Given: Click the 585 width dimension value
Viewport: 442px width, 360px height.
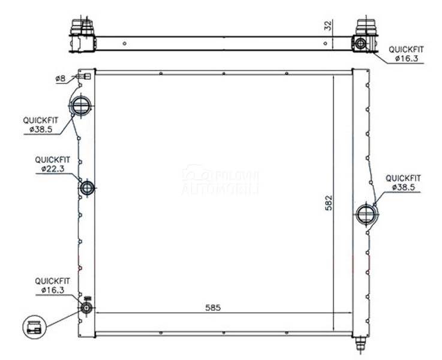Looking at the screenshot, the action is [x=213, y=308].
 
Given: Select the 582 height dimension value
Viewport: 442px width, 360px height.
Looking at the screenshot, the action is [x=329, y=203].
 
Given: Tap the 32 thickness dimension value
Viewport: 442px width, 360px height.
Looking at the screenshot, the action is [x=329, y=26].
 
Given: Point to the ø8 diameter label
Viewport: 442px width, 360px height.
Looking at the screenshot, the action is [x=61, y=79].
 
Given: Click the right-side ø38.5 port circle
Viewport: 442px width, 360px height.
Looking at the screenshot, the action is [x=366, y=214].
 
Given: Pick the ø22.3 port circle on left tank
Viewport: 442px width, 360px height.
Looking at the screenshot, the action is [x=87, y=188].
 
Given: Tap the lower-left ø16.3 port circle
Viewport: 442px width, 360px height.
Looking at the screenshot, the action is [x=86, y=308].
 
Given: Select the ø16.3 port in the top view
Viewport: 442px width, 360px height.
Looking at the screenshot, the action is [x=360, y=43].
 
